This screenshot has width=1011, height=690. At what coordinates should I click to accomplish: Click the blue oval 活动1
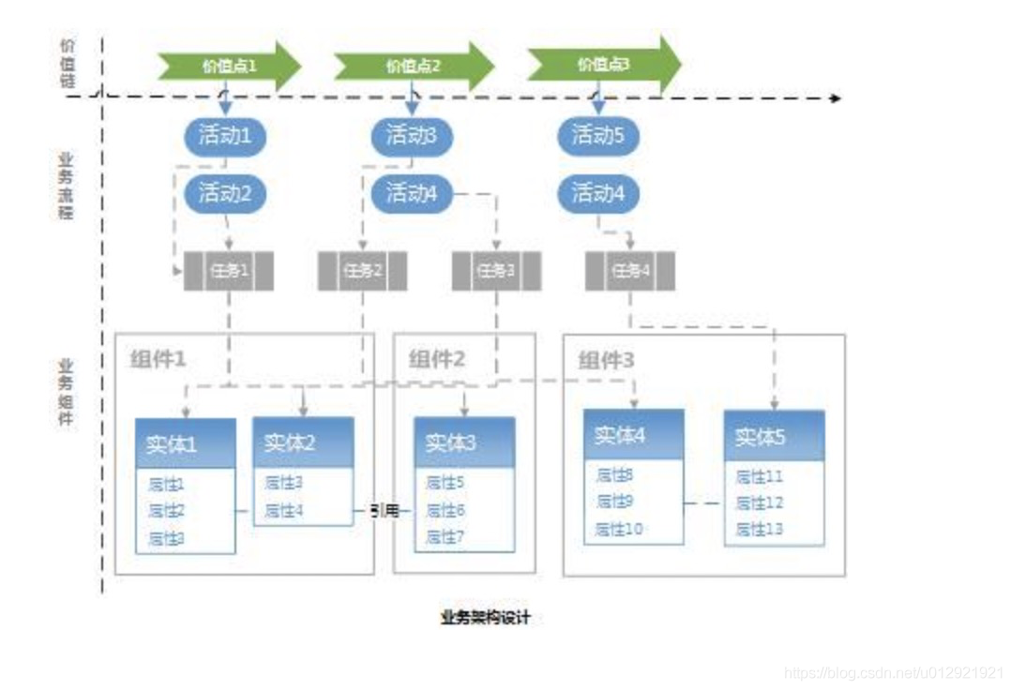(x=225, y=136)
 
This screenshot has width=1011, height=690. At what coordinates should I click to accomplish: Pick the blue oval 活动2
(x=225, y=194)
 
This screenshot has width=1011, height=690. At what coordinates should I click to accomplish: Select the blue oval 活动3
(x=412, y=136)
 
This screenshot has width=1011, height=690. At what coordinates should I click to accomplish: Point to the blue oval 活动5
(x=598, y=136)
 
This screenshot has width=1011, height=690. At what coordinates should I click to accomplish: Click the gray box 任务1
(x=229, y=271)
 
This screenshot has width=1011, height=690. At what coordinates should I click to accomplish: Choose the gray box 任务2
(x=363, y=271)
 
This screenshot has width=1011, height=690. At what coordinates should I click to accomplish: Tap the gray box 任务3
(x=496, y=271)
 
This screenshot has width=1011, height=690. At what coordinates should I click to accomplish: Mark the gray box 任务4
(x=630, y=271)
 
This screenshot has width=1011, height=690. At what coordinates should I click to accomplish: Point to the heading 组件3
(x=606, y=360)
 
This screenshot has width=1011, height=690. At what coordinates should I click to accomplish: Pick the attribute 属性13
(x=760, y=530)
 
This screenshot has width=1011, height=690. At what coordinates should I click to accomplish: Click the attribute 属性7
(x=446, y=537)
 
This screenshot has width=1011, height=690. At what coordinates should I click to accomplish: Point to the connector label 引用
(x=385, y=511)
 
